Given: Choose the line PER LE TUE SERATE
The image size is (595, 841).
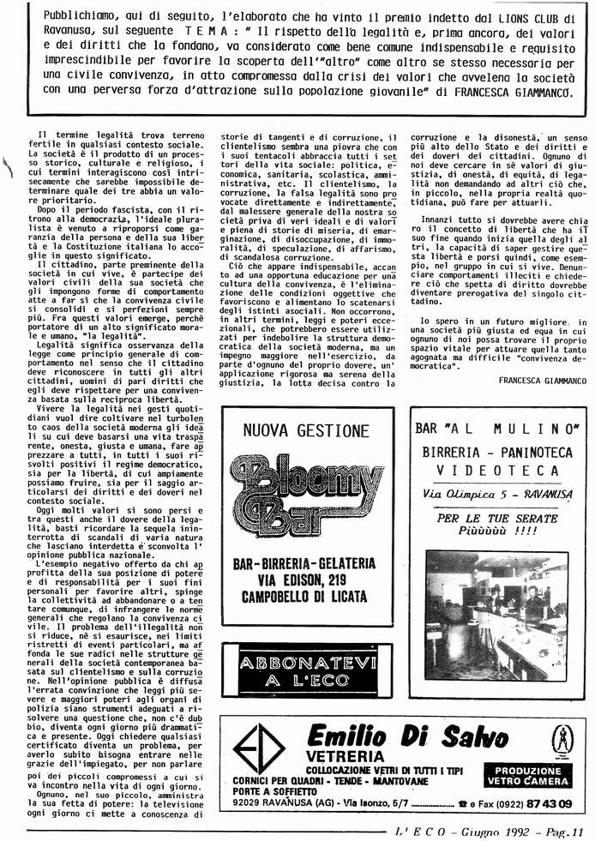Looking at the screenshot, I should [484, 519].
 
